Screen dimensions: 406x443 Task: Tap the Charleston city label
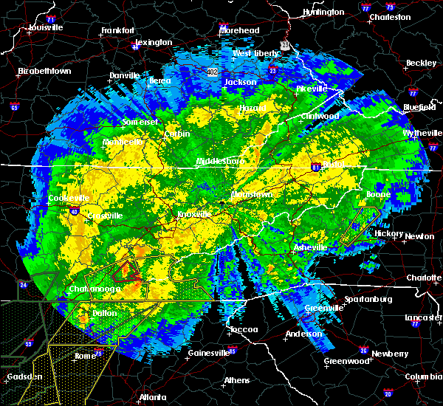click(x=390, y=16)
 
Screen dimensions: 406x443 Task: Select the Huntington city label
click(x=323, y=13)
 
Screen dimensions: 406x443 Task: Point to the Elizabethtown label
click(x=44, y=72)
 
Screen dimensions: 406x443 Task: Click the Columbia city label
click(x=422, y=377)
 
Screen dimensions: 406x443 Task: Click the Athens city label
click(x=236, y=381)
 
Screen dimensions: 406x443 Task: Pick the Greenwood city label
click(x=346, y=362)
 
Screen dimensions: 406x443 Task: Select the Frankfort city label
click(x=117, y=31)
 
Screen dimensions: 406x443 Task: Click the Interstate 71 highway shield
click(x=51, y=18)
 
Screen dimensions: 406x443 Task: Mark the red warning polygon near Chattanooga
click(x=129, y=271)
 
